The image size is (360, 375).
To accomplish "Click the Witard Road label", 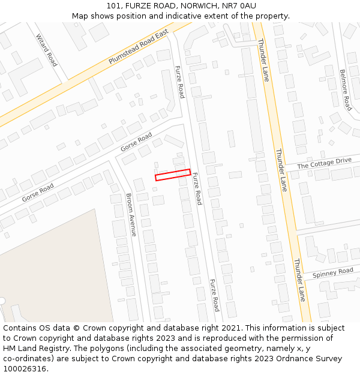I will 46,49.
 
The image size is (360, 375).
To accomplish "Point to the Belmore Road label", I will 345,89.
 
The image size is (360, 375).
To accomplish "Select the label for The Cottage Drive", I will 324,163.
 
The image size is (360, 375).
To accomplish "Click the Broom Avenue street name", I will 132,214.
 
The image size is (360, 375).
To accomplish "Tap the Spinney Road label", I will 332,273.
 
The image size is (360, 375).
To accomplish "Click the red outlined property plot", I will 173,175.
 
